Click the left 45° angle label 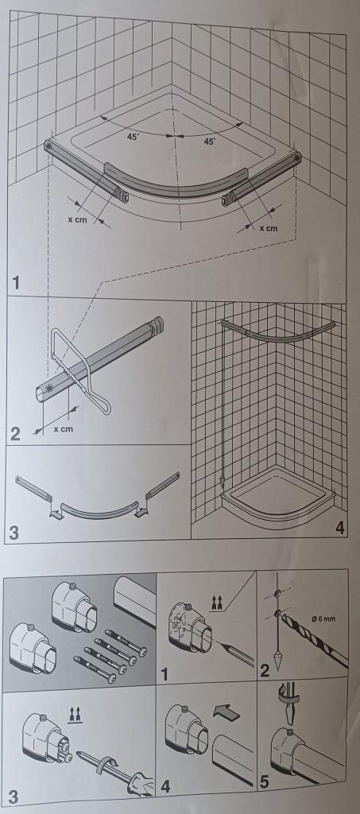click(134, 137)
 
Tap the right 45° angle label click(209, 141)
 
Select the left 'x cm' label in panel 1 click(77, 219)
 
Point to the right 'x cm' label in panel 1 click(268, 228)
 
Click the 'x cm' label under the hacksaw click(63, 428)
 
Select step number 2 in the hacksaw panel click(16, 434)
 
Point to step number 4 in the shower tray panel click(339, 529)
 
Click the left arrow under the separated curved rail click(55, 513)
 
